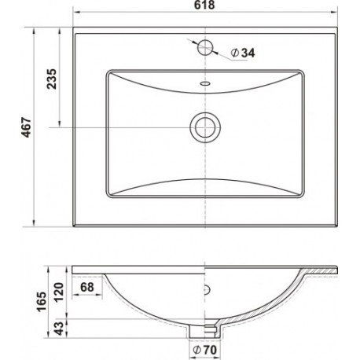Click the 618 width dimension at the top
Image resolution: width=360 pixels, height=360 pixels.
(x=204, y=5)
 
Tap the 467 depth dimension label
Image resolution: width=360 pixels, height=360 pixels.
(x=27, y=127)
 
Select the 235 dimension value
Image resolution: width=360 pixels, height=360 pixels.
(x=52, y=79)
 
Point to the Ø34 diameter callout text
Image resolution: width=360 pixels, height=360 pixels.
(x=243, y=53)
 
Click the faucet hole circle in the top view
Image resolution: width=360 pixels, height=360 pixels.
(x=205, y=47)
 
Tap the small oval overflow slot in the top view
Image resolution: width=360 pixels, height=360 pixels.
(x=205, y=83)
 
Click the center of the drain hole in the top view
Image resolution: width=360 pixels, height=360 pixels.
(x=205, y=127)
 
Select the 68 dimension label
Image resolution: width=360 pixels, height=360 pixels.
(x=87, y=287)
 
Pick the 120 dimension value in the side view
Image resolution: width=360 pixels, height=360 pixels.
(x=59, y=292)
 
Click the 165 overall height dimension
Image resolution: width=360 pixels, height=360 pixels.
(x=42, y=302)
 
